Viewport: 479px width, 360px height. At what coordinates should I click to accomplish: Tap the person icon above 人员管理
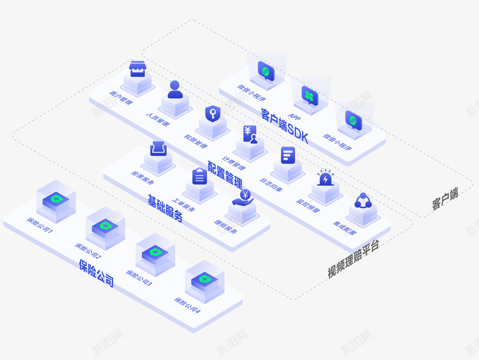coord(175,90)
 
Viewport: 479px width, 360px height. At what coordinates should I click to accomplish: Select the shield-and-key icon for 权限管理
coord(213,113)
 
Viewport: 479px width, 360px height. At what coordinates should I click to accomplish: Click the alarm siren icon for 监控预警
coord(326,179)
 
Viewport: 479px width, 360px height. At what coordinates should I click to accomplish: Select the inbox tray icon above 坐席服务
coord(158,147)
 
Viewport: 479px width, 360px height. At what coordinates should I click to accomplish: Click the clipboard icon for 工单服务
coord(199,176)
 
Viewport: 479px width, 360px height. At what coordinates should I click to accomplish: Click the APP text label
coord(295,116)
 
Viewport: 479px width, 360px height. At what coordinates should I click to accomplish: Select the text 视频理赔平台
coord(353,260)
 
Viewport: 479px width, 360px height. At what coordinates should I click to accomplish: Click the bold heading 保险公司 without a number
coord(96,273)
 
